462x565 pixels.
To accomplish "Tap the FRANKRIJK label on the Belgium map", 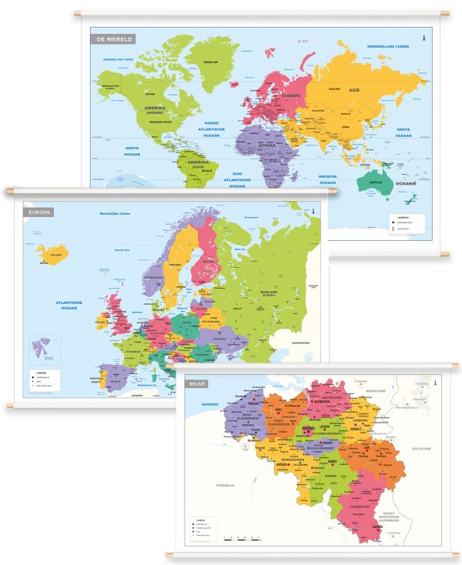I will (224, 485).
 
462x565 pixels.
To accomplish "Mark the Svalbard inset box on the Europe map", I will (44, 349).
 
